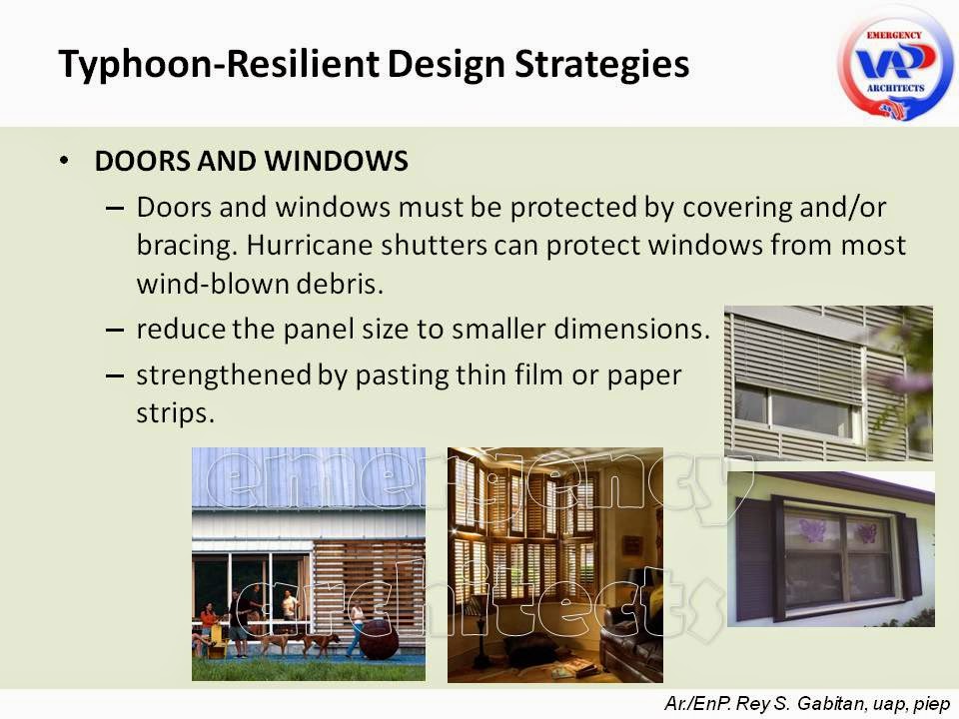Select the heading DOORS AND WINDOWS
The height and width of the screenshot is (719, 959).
[x=251, y=162]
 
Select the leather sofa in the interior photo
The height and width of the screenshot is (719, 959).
[x=631, y=649]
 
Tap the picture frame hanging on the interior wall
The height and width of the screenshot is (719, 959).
[x=632, y=545]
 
